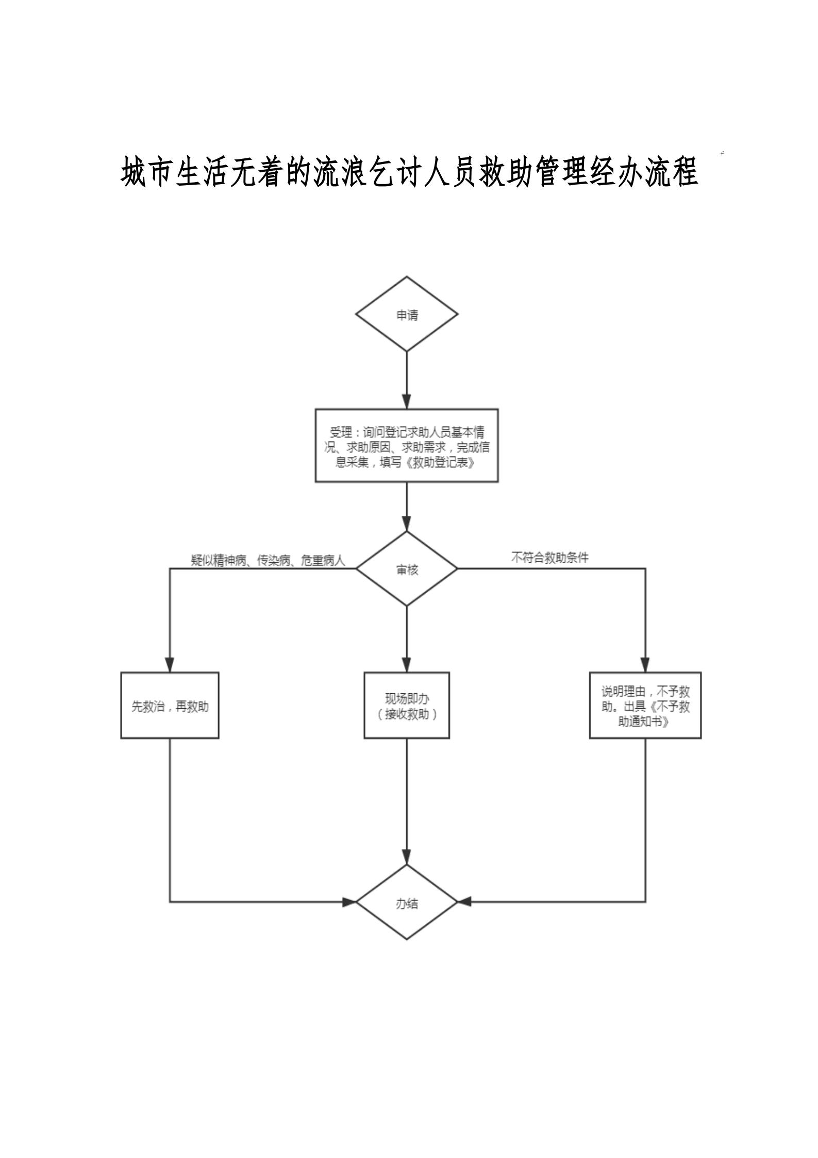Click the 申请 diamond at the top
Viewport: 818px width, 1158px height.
[x=407, y=314]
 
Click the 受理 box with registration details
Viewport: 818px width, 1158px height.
[x=407, y=445]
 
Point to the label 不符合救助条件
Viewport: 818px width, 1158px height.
[x=549, y=558]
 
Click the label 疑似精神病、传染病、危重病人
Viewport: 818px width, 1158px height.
[x=268, y=561]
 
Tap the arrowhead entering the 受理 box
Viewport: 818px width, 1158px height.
[x=407, y=402]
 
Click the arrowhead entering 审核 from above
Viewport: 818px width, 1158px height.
[x=407, y=524]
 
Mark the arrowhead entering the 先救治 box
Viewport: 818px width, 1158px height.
[x=170, y=665]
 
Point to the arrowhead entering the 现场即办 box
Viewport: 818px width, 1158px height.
[x=407, y=665]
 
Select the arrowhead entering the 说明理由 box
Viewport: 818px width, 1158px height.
[x=645, y=665]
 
